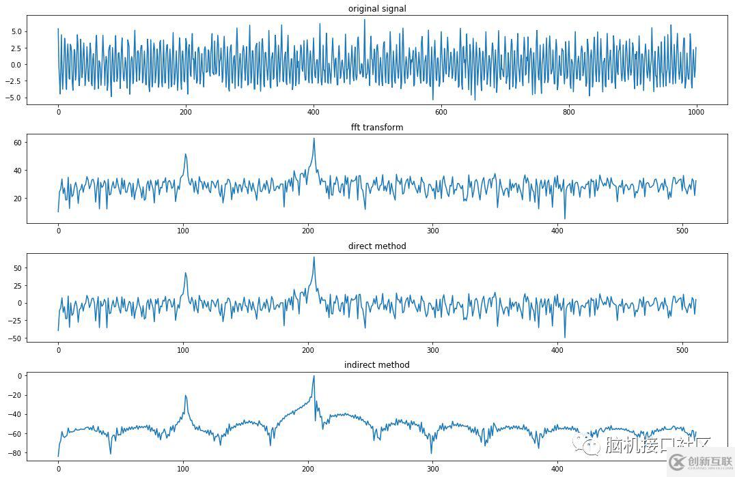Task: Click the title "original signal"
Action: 377,8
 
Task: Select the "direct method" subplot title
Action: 377,246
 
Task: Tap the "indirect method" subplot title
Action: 377,364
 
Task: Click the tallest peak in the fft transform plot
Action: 314,139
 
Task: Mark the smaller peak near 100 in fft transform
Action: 185,154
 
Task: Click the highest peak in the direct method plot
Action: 314,257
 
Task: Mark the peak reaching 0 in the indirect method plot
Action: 314,376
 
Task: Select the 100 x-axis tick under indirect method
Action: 183,469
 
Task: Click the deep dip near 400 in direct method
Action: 565,337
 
